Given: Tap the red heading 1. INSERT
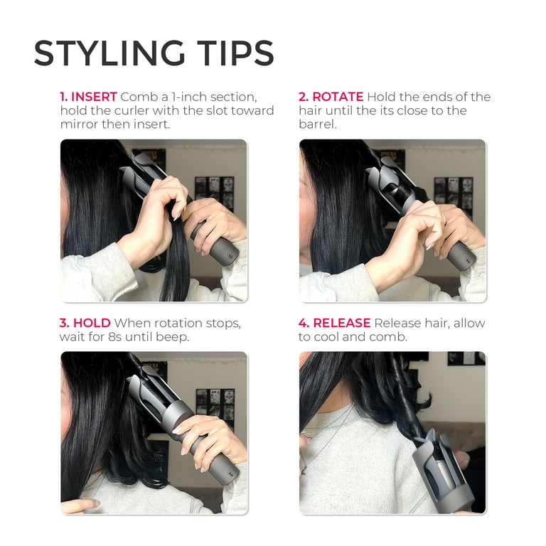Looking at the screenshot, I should [88, 97].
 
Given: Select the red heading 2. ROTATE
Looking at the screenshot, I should [331, 97].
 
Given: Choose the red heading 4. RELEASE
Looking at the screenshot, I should [335, 323].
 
